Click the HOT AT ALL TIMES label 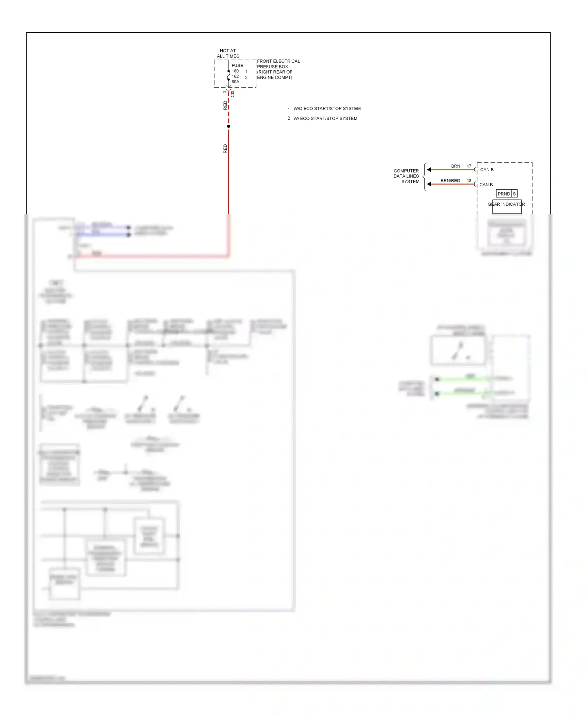228,53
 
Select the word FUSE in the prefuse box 237,65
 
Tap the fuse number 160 235,71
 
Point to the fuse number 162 235,76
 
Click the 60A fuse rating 235,82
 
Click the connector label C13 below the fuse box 232,94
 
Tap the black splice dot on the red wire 229,126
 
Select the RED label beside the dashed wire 225,105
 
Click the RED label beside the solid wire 225,149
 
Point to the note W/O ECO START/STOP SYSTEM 327,109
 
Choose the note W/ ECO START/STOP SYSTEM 325,119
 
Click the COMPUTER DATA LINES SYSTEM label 407,176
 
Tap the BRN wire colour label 456,166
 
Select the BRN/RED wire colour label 450,181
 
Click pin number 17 469,166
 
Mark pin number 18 469,181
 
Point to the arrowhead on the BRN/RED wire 429,184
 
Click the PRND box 504,194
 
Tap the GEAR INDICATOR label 506,204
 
